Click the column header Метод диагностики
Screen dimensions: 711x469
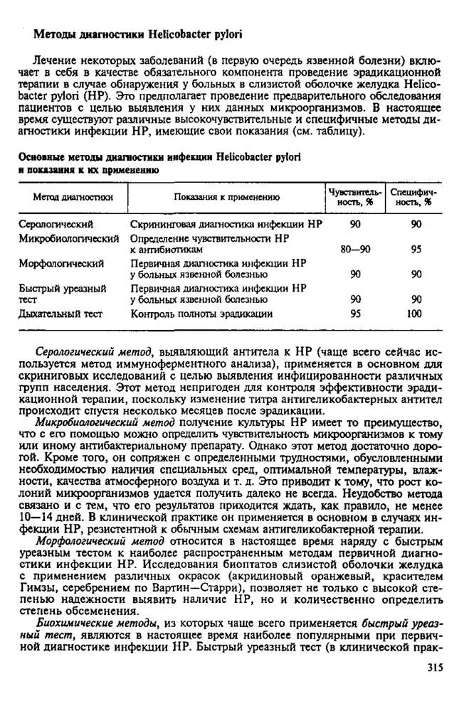click(x=73, y=196)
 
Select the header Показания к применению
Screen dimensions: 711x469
click(x=226, y=196)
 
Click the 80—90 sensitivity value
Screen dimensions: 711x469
click(x=356, y=250)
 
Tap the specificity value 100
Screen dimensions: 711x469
click(x=414, y=313)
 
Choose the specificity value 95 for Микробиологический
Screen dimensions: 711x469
click(x=416, y=250)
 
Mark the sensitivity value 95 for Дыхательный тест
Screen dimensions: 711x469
click(x=356, y=313)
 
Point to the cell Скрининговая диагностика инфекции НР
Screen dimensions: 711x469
click(x=226, y=224)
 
